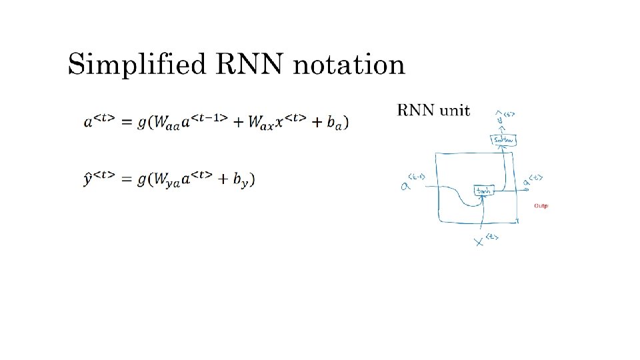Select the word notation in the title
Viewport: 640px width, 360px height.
click(348, 65)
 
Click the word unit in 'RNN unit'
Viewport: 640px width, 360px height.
click(456, 109)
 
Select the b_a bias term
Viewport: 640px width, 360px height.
click(335, 123)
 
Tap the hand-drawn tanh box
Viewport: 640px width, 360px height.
click(483, 191)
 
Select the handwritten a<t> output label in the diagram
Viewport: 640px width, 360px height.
click(532, 179)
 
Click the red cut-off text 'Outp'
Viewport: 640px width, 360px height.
click(541, 206)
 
